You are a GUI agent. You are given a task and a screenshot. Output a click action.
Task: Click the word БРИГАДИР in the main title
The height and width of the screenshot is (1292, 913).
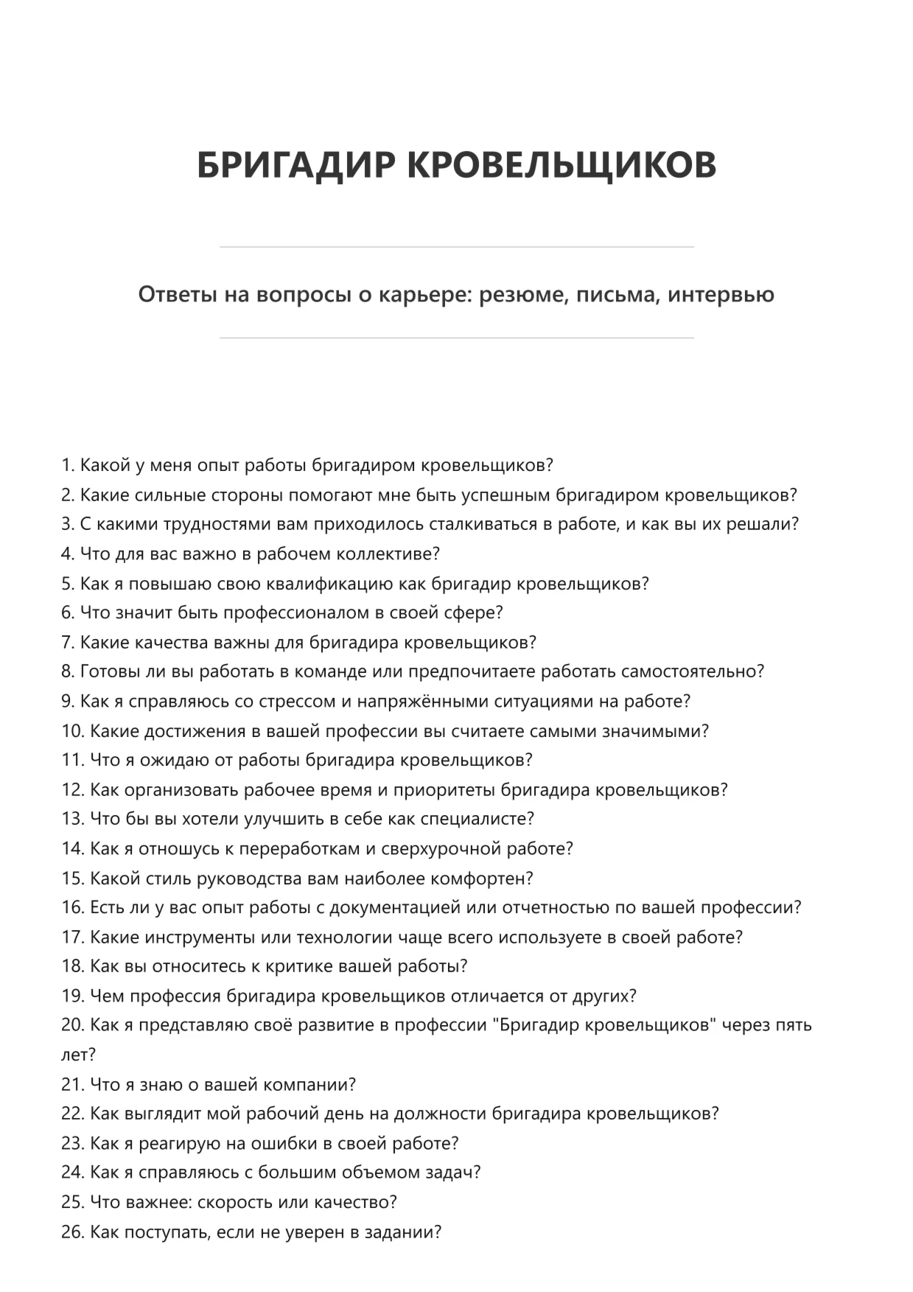click(296, 164)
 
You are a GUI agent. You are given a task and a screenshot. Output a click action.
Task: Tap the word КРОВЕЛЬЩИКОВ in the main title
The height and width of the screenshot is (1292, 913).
click(562, 164)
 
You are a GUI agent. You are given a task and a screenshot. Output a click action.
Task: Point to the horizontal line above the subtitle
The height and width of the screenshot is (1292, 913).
click(456, 247)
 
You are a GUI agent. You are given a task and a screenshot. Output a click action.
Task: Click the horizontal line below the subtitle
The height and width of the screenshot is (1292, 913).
click(456, 338)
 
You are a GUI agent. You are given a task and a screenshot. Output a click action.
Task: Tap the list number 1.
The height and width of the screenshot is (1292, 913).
click(68, 466)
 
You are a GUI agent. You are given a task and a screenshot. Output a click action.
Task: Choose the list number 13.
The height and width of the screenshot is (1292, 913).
click(72, 820)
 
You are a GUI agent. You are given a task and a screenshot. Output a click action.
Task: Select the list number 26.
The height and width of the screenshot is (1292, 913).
click(72, 1232)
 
